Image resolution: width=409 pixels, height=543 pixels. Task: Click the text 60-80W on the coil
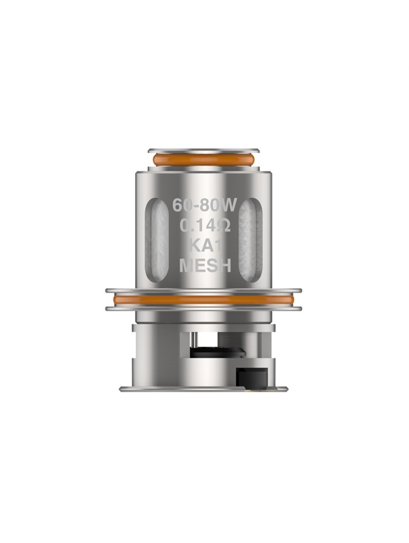[x=204, y=206]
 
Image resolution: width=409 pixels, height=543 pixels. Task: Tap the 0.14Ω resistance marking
[x=205, y=227]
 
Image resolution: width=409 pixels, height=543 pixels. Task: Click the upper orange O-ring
[x=203, y=160]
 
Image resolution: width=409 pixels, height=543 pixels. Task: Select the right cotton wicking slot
[x=251, y=239]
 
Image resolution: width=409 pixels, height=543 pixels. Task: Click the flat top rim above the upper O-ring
[x=203, y=151]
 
